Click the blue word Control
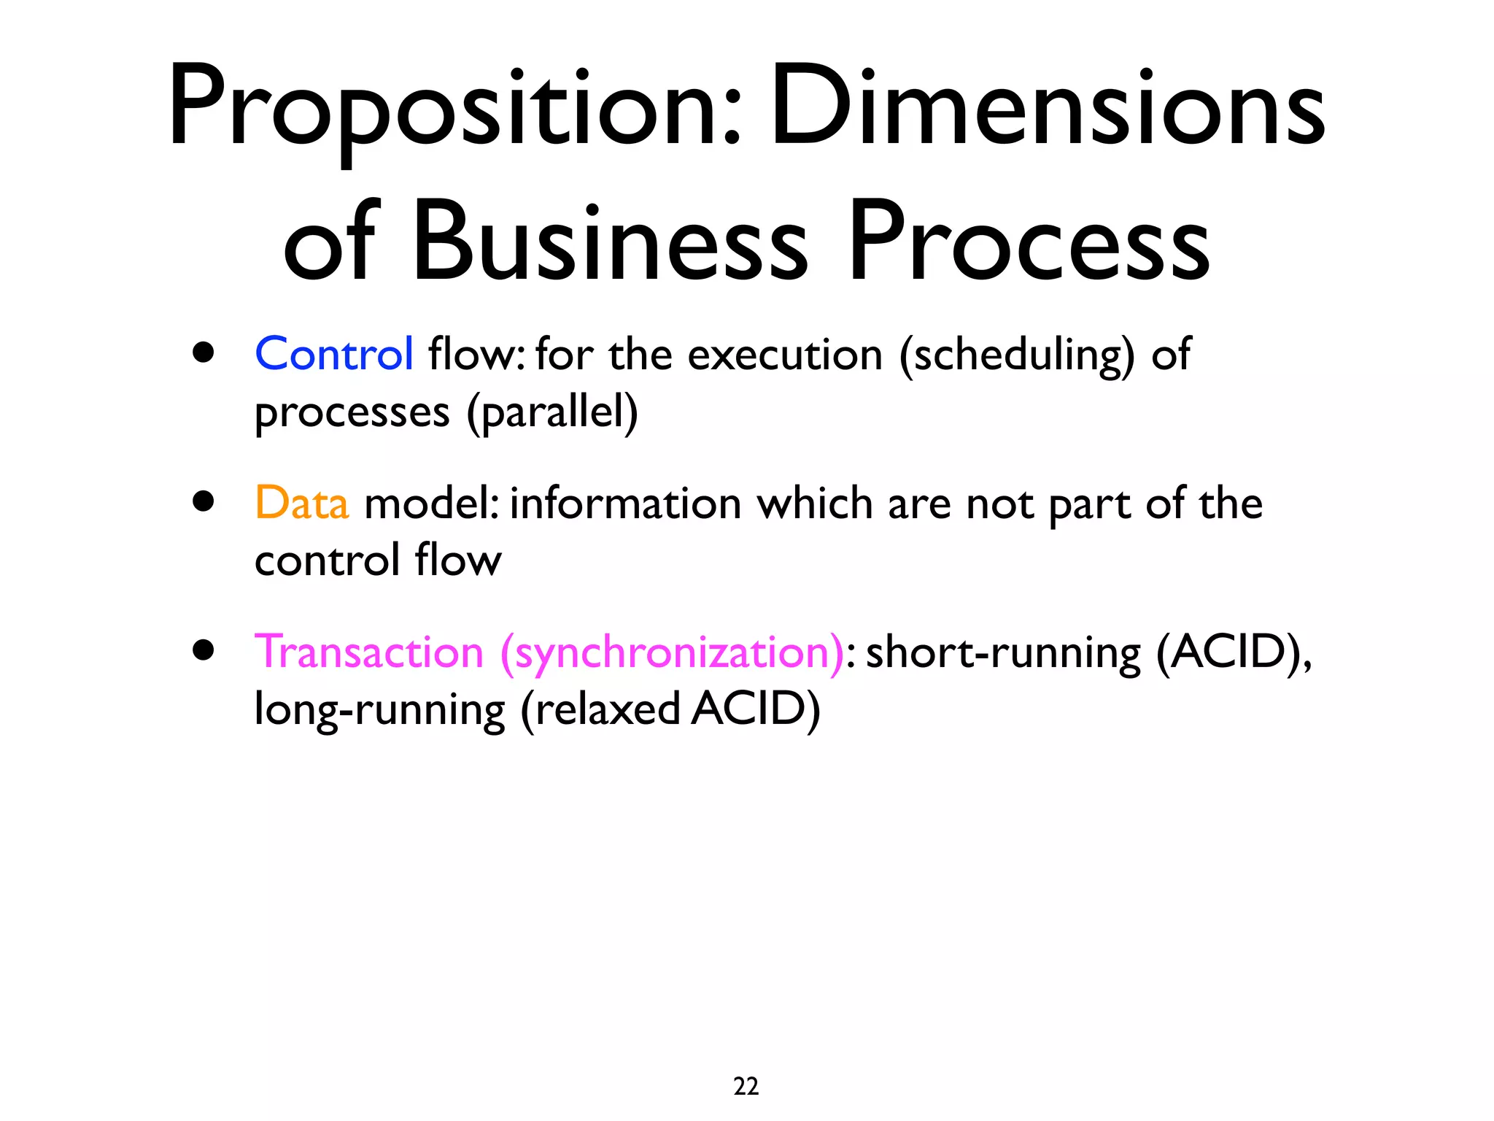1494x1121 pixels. [334, 355]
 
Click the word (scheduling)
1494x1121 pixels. [1017, 356]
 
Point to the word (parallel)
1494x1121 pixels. [552, 413]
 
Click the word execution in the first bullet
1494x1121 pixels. [785, 356]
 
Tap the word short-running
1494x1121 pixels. [1003, 653]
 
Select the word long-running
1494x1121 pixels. [379, 710]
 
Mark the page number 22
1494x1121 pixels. [746, 1086]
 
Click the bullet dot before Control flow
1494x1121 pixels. [204, 353]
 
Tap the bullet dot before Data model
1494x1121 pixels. [204, 502]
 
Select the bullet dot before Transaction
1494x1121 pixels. [204, 650]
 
